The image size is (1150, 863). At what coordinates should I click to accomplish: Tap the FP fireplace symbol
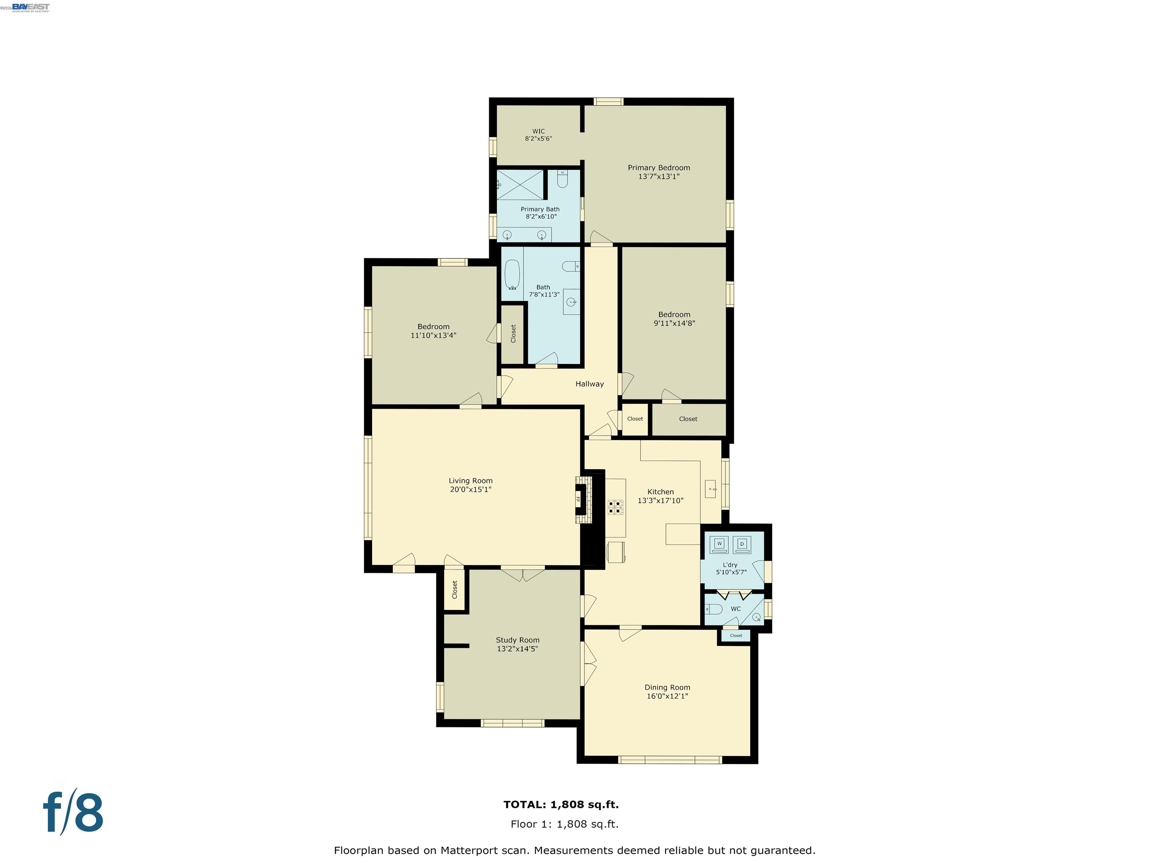578,499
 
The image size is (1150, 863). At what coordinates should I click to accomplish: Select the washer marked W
719,544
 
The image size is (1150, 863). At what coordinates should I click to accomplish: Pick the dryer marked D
742,544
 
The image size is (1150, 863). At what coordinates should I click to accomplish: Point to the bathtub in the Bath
512,274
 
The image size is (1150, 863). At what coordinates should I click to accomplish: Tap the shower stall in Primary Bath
520,184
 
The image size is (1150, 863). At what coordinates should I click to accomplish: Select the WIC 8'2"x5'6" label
538,135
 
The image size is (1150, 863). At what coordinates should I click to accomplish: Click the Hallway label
590,384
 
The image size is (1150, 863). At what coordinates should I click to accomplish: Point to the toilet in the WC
714,609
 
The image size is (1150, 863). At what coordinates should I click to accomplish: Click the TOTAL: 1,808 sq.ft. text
561,805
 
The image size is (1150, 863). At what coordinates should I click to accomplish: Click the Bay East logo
31,7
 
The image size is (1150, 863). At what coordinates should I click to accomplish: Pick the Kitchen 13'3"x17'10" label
660,496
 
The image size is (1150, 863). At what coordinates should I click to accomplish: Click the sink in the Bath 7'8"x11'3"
571,302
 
